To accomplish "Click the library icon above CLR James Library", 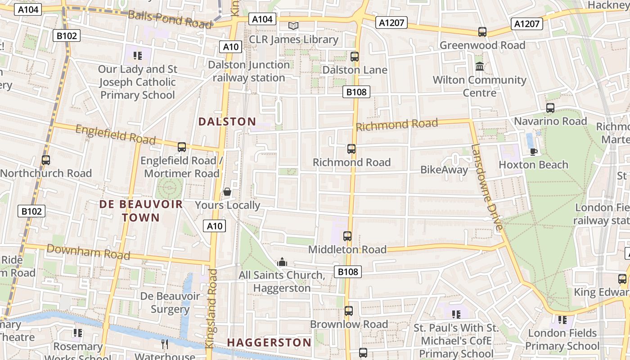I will click(293, 26).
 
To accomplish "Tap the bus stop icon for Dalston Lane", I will click(355, 57).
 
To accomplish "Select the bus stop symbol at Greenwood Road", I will click(482, 32).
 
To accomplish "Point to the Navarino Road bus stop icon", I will click(550, 108).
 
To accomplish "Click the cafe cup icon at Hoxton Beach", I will click(534, 151).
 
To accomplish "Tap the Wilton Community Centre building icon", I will click(479, 67).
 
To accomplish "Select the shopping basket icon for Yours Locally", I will click(227, 192).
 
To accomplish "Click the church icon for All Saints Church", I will click(282, 262).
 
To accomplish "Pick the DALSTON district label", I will click(227, 121).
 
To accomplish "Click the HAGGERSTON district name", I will click(269, 342).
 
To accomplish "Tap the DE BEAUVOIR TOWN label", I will click(141, 211).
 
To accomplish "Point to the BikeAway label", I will click(444, 170).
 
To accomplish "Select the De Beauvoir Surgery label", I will click(170, 303).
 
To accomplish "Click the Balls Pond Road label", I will click(170, 19).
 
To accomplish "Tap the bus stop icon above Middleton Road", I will click(347, 236).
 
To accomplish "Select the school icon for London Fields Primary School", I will click(562, 320).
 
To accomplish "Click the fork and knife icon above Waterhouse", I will click(165, 344).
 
